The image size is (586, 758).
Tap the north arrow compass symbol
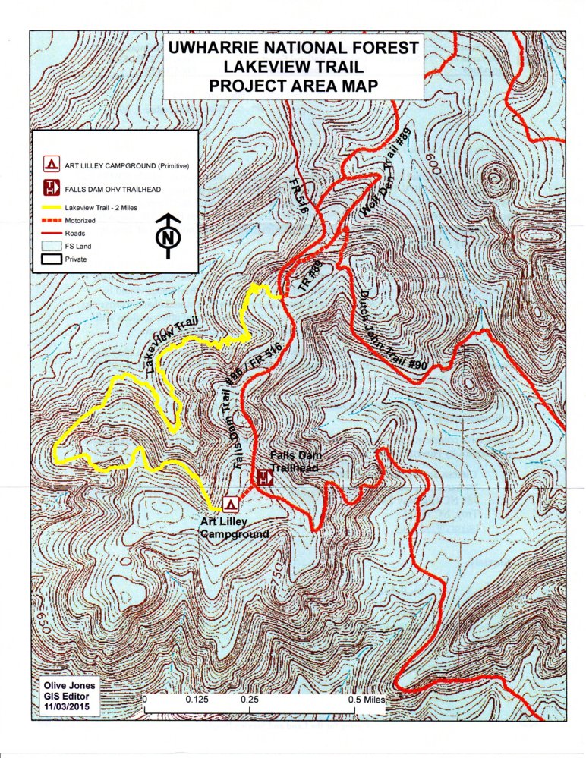coord(168,236)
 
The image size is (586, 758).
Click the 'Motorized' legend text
coord(80,220)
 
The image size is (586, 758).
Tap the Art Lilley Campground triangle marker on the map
coord(231,502)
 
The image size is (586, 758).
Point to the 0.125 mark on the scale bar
coord(197,700)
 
